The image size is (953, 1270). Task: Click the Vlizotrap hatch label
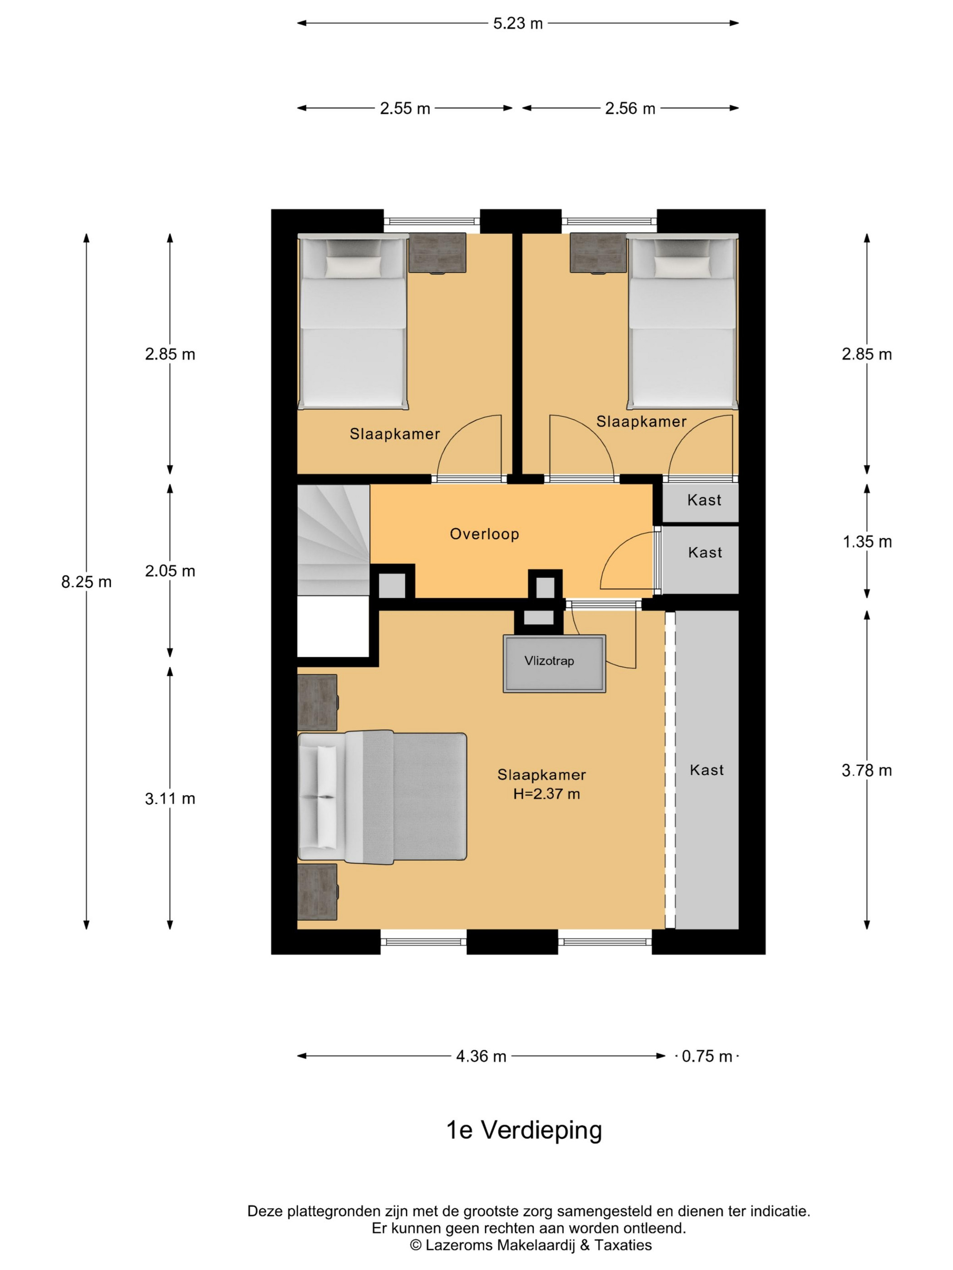point(549,661)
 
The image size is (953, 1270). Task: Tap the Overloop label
point(484,534)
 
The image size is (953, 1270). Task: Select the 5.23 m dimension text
point(518,24)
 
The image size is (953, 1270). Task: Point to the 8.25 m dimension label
point(86,582)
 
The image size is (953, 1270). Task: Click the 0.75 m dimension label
point(707,1056)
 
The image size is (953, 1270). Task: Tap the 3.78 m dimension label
point(866,771)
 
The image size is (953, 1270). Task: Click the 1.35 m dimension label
point(867,542)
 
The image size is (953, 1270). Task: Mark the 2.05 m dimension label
point(170,571)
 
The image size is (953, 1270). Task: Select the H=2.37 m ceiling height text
point(546,794)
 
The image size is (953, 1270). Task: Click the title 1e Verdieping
point(524,1130)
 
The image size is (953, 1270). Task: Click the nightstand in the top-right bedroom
point(598,253)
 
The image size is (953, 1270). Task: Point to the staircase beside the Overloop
point(333,540)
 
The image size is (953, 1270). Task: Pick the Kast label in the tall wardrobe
point(707,770)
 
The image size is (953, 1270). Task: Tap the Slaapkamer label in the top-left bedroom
point(395,434)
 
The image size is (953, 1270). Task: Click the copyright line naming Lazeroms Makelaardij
point(531,1246)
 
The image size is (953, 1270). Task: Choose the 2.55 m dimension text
point(405,108)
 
